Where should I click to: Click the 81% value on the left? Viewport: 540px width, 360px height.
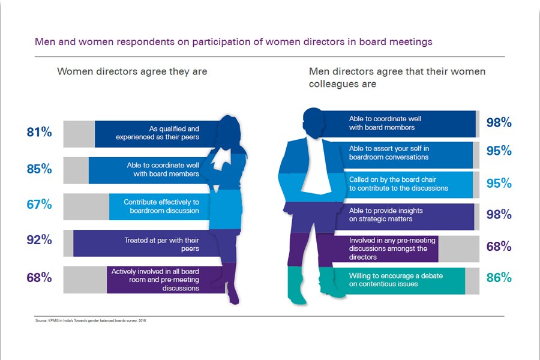pos(39,133)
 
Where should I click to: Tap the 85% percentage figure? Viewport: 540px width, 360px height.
pos(39,169)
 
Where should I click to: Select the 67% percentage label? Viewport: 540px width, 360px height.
pos(39,205)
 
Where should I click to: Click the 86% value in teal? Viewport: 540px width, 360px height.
pos(499,278)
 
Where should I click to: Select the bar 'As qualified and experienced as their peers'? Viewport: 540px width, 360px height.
pos(150,133)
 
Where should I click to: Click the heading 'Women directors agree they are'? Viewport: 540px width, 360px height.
pos(132,71)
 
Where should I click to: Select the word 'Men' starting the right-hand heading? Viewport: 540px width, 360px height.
pos(319,71)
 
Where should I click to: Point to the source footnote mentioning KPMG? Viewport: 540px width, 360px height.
pos(91,320)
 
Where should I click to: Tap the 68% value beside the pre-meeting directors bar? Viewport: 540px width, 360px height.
pos(499,247)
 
